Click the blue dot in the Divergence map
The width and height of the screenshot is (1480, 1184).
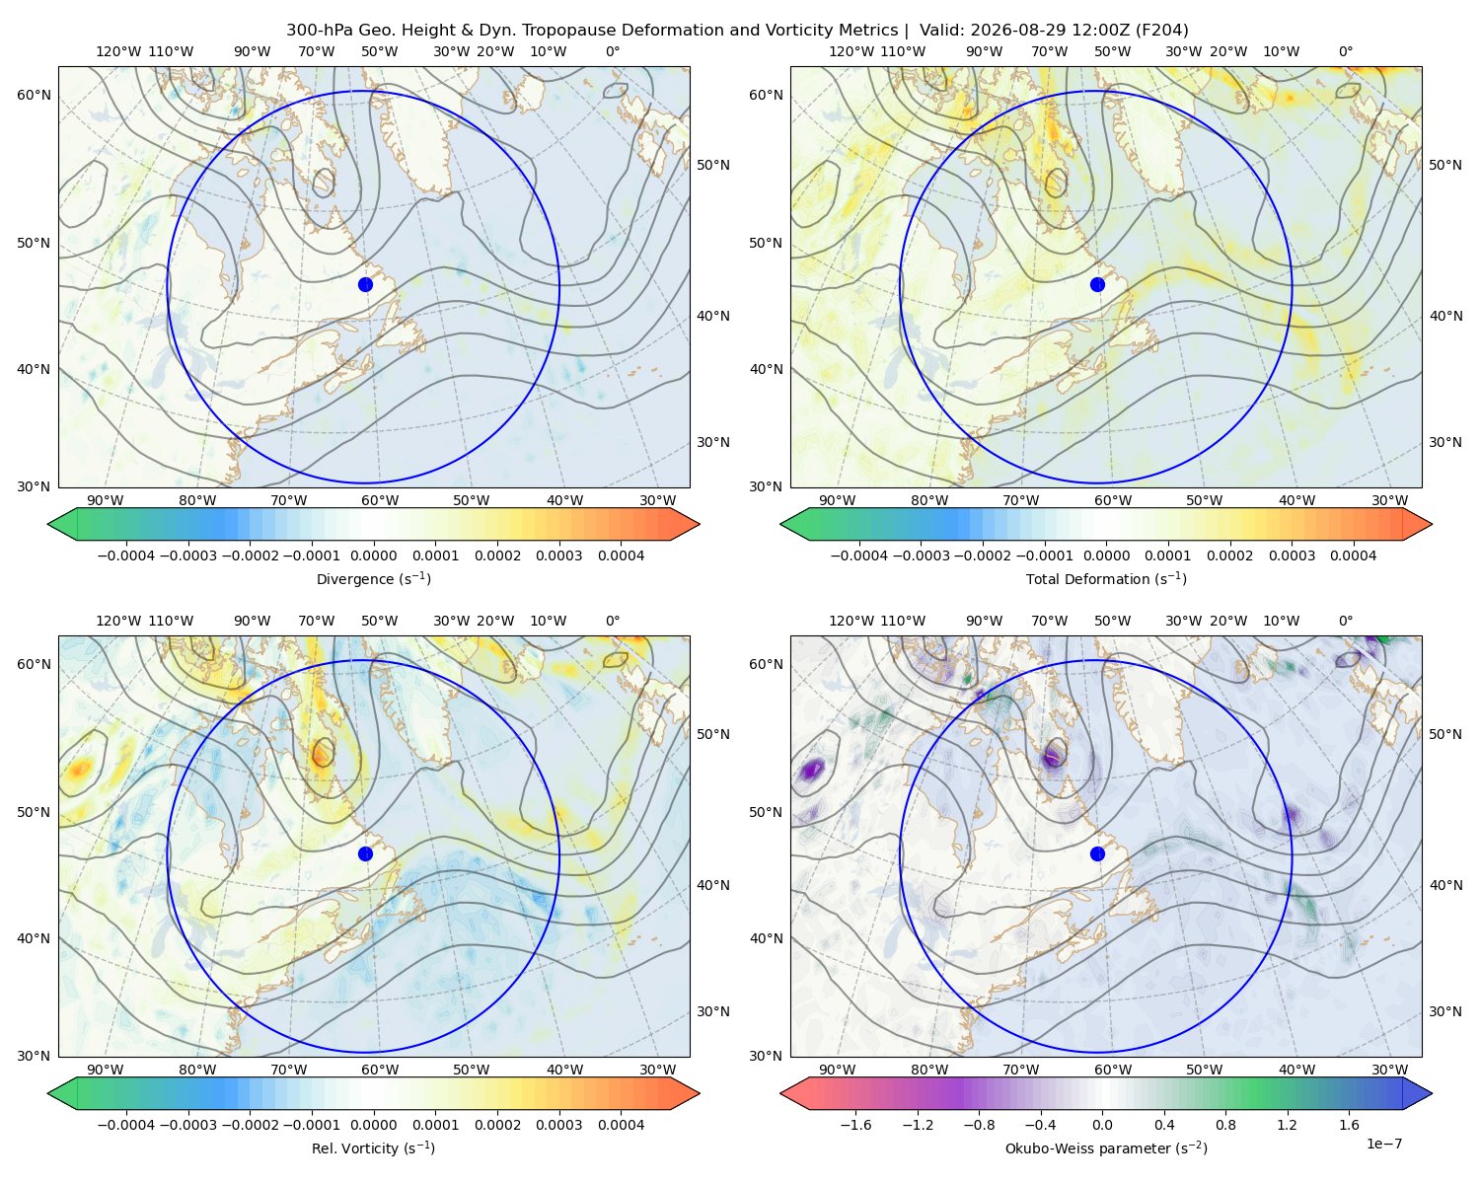(365, 284)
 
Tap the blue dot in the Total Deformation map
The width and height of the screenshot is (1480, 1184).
(1097, 284)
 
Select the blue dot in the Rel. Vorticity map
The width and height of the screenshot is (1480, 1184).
(365, 853)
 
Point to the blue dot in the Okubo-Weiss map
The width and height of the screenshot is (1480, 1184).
(1097, 853)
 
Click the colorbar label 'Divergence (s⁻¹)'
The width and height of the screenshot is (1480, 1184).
(373, 578)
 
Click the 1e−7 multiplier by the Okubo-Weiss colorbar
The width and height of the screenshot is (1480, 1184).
(1383, 1144)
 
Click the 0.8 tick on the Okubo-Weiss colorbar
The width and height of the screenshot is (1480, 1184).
(1225, 1124)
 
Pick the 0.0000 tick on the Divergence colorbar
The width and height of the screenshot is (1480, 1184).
(373, 555)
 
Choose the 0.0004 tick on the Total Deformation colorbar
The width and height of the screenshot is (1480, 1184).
(1353, 555)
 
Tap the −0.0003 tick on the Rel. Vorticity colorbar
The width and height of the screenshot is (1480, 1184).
(187, 1124)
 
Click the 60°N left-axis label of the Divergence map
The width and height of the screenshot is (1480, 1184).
(34, 95)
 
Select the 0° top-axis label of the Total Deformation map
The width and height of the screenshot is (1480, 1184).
(1345, 51)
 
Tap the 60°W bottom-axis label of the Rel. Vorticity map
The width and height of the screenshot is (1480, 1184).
(380, 1070)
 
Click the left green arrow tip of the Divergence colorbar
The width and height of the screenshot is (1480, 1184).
(48, 524)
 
